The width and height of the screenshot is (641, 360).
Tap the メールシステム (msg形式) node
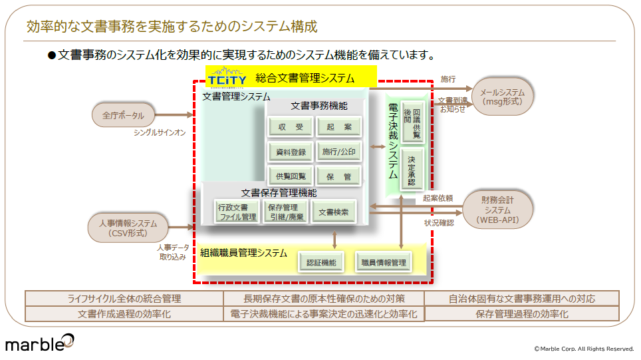tap(502, 97)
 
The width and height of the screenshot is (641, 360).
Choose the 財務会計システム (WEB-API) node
tap(497, 210)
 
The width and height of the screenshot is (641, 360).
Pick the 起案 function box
tap(338, 127)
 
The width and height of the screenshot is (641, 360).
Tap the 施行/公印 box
tap(338, 152)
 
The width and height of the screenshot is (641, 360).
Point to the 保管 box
tap(338, 176)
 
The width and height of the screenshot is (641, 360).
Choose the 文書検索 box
tap(334, 212)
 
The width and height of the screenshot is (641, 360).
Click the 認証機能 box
tap(320, 262)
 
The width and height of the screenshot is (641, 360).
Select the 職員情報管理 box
tap(384, 262)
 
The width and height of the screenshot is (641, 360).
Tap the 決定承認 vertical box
tap(412, 170)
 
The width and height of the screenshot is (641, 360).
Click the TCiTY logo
tap(226, 79)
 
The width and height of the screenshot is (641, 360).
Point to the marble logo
tap(40, 343)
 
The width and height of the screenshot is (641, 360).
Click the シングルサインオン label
tap(160, 133)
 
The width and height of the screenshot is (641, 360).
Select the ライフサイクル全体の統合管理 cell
tap(124, 299)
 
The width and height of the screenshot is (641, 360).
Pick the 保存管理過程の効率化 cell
tap(521, 314)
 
